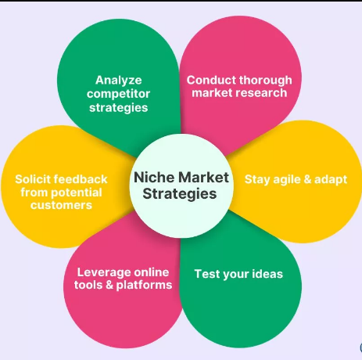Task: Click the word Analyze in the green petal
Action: tap(119, 81)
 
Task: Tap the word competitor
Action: tap(118, 94)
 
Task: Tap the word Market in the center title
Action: tap(204, 178)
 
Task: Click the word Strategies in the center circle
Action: tap(180, 194)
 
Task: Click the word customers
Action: tap(61, 205)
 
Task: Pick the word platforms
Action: tap(144, 285)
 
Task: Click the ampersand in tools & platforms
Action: tap(109, 285)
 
